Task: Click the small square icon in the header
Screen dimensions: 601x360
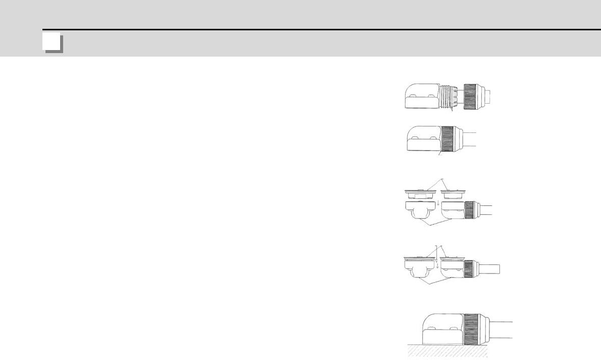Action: click(52, 43)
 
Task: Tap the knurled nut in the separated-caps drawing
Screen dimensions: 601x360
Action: click(469, 210)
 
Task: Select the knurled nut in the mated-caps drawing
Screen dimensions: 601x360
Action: click(469, 268)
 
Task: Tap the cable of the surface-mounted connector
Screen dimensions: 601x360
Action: click(500, 330)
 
